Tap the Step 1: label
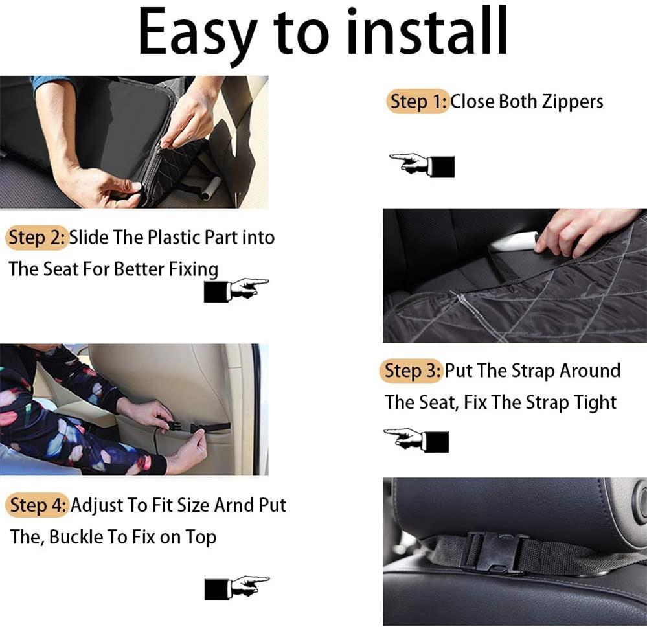[x=418, y=102]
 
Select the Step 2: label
[x=38, y=238]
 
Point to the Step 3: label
[x=411, y=371]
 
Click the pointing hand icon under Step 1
[x=422, y=165]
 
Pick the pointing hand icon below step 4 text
[x=236, y=587]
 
